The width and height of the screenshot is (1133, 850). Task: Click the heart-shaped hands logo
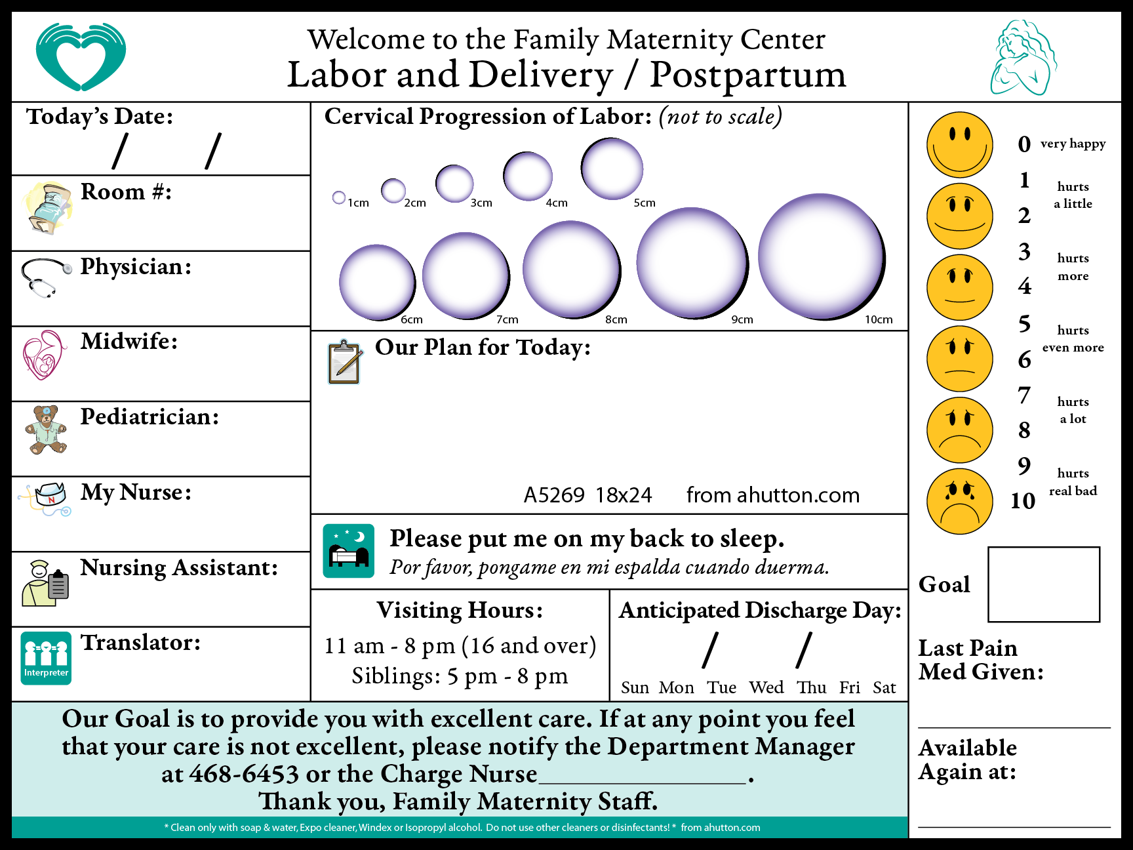click(x=81, y=57)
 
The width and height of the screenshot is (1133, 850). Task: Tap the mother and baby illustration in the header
click(x=1023, y=58)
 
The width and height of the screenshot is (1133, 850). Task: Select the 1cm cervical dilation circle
click(x=339, y=197)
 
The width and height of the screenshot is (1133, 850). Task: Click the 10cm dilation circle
click(x=822, y=256)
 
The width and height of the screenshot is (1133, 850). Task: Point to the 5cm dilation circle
click(x=612, y=169)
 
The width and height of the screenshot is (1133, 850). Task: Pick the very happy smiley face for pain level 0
click(x=960, y=145)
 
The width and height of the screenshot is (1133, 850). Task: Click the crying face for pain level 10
click(x=960, y=502)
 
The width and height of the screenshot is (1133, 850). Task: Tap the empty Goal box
click(x=1044, y=584)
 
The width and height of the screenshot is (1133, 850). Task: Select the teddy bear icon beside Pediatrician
click(x=46, y=430)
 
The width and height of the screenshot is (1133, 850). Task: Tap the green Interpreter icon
click(x=46, y=658)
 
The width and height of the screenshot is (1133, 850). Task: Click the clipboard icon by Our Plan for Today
click(x=345, y=362)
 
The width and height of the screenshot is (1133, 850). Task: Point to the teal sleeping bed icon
click(x=349, y=551)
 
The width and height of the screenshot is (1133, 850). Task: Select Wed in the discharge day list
click(x=766, y=687)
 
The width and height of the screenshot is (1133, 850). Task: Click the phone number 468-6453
click(x=244, y=775)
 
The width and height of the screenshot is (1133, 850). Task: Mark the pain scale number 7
click(x=1024, y=395)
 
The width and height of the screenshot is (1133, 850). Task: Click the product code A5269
click(x=554, y=495)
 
